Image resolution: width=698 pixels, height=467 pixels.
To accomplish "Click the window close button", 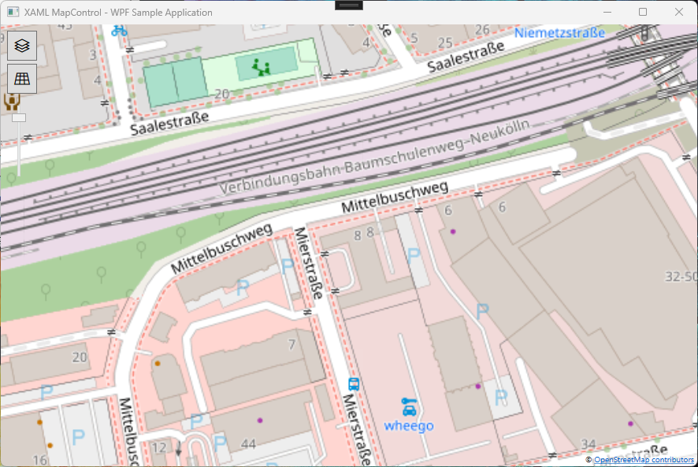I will (679, 12).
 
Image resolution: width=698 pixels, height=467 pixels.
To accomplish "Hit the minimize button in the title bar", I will (607, 12).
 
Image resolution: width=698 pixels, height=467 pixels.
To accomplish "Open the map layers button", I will (22, 46).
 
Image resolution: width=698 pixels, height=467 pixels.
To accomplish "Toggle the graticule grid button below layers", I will (22, 79).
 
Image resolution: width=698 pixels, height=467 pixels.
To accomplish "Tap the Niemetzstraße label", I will (559, 33).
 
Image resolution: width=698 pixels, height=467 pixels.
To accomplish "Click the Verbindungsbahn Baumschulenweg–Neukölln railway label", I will (375, 157).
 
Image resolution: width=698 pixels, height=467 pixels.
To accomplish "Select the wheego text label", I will (409, 426).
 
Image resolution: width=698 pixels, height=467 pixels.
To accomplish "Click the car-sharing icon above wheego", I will (409, 407).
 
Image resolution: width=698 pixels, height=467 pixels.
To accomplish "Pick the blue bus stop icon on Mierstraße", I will (355, 384).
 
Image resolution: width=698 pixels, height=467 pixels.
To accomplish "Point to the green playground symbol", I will (261, 67).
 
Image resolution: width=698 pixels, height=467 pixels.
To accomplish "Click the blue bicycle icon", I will (119, 31).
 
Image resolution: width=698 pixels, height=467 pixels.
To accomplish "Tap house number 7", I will (291, 344).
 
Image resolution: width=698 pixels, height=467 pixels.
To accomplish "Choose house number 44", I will (248, 445).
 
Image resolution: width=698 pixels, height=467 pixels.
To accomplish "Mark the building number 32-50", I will (681, 277).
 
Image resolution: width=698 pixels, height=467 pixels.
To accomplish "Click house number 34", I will (588, 444).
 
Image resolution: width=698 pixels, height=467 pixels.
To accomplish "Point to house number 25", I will (445, 42).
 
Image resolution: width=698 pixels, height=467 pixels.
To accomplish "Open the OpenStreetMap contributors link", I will (643, 459).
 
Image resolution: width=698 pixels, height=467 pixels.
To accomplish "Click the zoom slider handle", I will (19, 118).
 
